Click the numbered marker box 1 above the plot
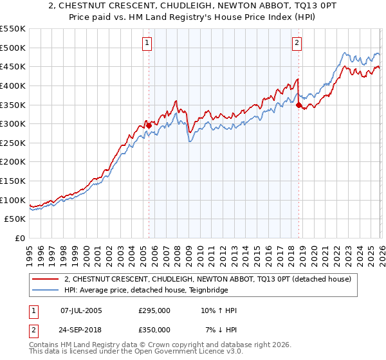pyautogui.click(x=147, y=43)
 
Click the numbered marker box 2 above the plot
pyautogui.click(x=297, y=43)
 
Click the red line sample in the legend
pyautogui.click(x=46, y=279)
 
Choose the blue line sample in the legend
pyautogui.click(x=46, y=290)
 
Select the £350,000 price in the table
pyautogui.click(x=154, y=330)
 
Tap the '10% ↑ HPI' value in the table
pyautogui.click(x=218, y=310)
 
